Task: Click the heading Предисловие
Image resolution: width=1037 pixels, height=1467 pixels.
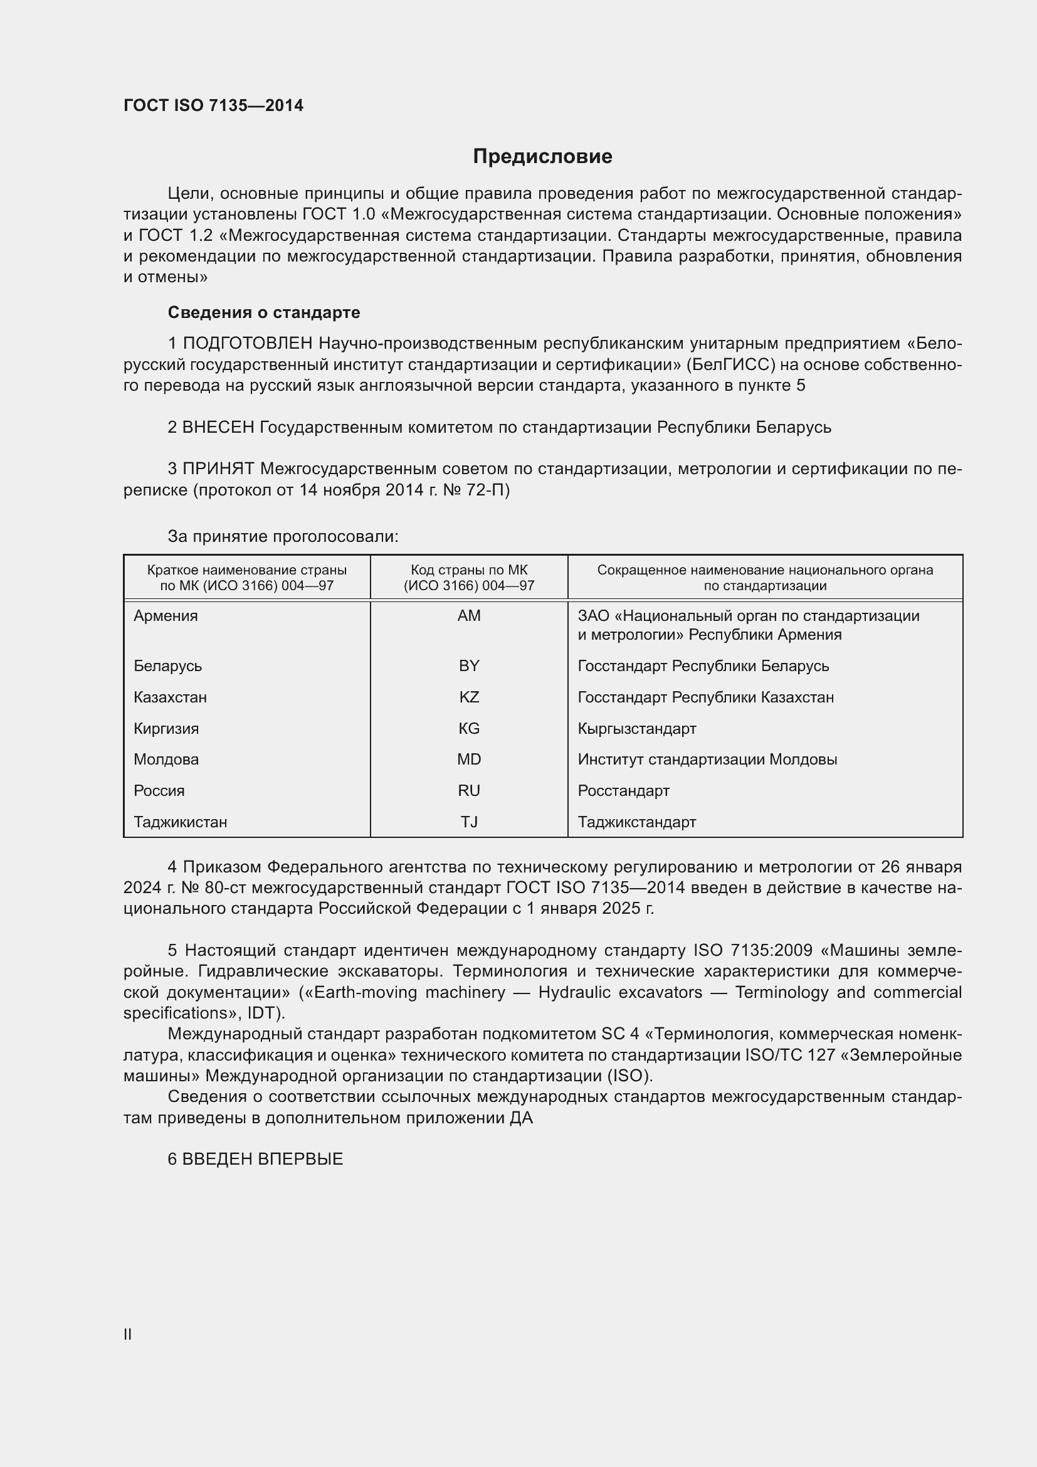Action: (x=542, y=157)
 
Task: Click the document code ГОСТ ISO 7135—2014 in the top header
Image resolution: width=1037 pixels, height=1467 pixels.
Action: (x=213, y=105)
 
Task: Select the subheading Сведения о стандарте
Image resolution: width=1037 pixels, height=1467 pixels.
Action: (x=264, y=312)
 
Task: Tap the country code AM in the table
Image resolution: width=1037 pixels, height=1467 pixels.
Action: (x=469, y=616)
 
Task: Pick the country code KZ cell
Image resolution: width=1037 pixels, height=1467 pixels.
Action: (x=469, y=697)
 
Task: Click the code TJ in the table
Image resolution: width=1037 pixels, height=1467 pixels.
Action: (x=469, y=822)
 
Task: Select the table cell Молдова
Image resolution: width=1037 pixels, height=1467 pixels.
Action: (x=166, y=760)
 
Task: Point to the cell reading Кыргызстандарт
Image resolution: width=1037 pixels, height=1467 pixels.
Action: (x=636, y=728)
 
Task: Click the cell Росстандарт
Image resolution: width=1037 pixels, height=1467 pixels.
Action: (x=623, y=791)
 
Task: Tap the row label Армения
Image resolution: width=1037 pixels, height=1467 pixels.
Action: (x=166, y=616)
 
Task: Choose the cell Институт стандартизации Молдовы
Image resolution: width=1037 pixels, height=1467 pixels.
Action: (x=707, y=760)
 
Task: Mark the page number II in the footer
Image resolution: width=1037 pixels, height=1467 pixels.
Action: (x=128, y=1334)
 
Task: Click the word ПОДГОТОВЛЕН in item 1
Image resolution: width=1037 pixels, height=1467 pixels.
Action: (x=248, y=344)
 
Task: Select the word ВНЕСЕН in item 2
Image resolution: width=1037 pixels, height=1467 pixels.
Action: (x=218, y=427)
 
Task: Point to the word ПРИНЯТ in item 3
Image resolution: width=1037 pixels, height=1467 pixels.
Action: (x=219, y=469)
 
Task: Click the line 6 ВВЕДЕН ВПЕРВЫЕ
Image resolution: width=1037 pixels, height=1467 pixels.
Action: (x=255, y=1159)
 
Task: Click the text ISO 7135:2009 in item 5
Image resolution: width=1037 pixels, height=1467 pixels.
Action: (x=752, y=951)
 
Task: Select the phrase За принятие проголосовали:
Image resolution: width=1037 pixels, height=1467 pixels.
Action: (x=283, y=536)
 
